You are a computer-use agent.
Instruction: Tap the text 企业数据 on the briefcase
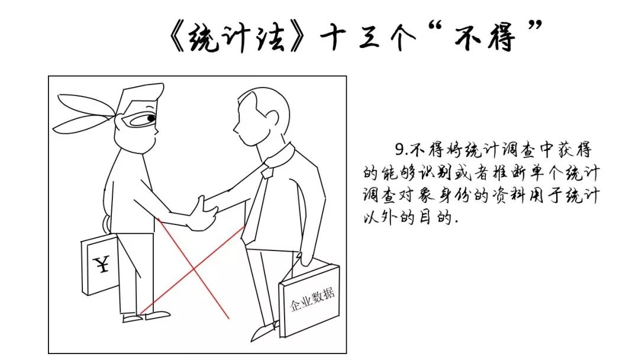click(x=312, y=299)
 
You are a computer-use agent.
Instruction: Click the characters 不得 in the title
click(x=486, y=37)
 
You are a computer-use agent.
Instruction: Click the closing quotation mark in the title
click(x=534, y=28)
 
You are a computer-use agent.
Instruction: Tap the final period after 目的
click(x=456, y=222)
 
